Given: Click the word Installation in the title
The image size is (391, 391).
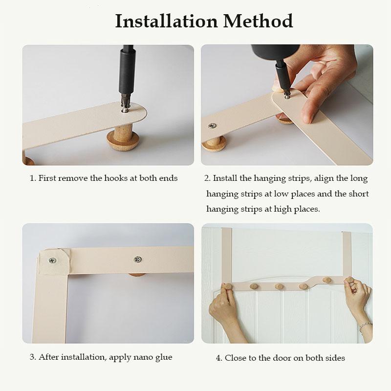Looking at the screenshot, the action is pos(166,21).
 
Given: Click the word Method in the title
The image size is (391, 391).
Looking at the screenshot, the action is pos(258,21).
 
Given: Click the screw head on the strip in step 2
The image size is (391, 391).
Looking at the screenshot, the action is pos(212,126).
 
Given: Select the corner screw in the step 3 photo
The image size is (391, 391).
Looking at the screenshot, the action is pos(52,261).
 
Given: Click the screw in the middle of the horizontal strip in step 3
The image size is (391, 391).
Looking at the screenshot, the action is pos(138,260).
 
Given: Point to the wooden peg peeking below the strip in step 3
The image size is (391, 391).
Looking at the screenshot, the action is pos(137,275).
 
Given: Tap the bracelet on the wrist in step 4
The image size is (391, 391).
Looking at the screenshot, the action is pos(365,326).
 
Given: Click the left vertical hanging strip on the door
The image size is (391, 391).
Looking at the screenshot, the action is pos(227,255).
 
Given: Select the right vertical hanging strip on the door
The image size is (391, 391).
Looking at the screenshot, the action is pos(347,254).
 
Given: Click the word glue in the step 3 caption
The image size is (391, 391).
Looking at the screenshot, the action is pos(164,357).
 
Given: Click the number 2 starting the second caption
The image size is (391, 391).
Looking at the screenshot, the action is pos(207,178).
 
